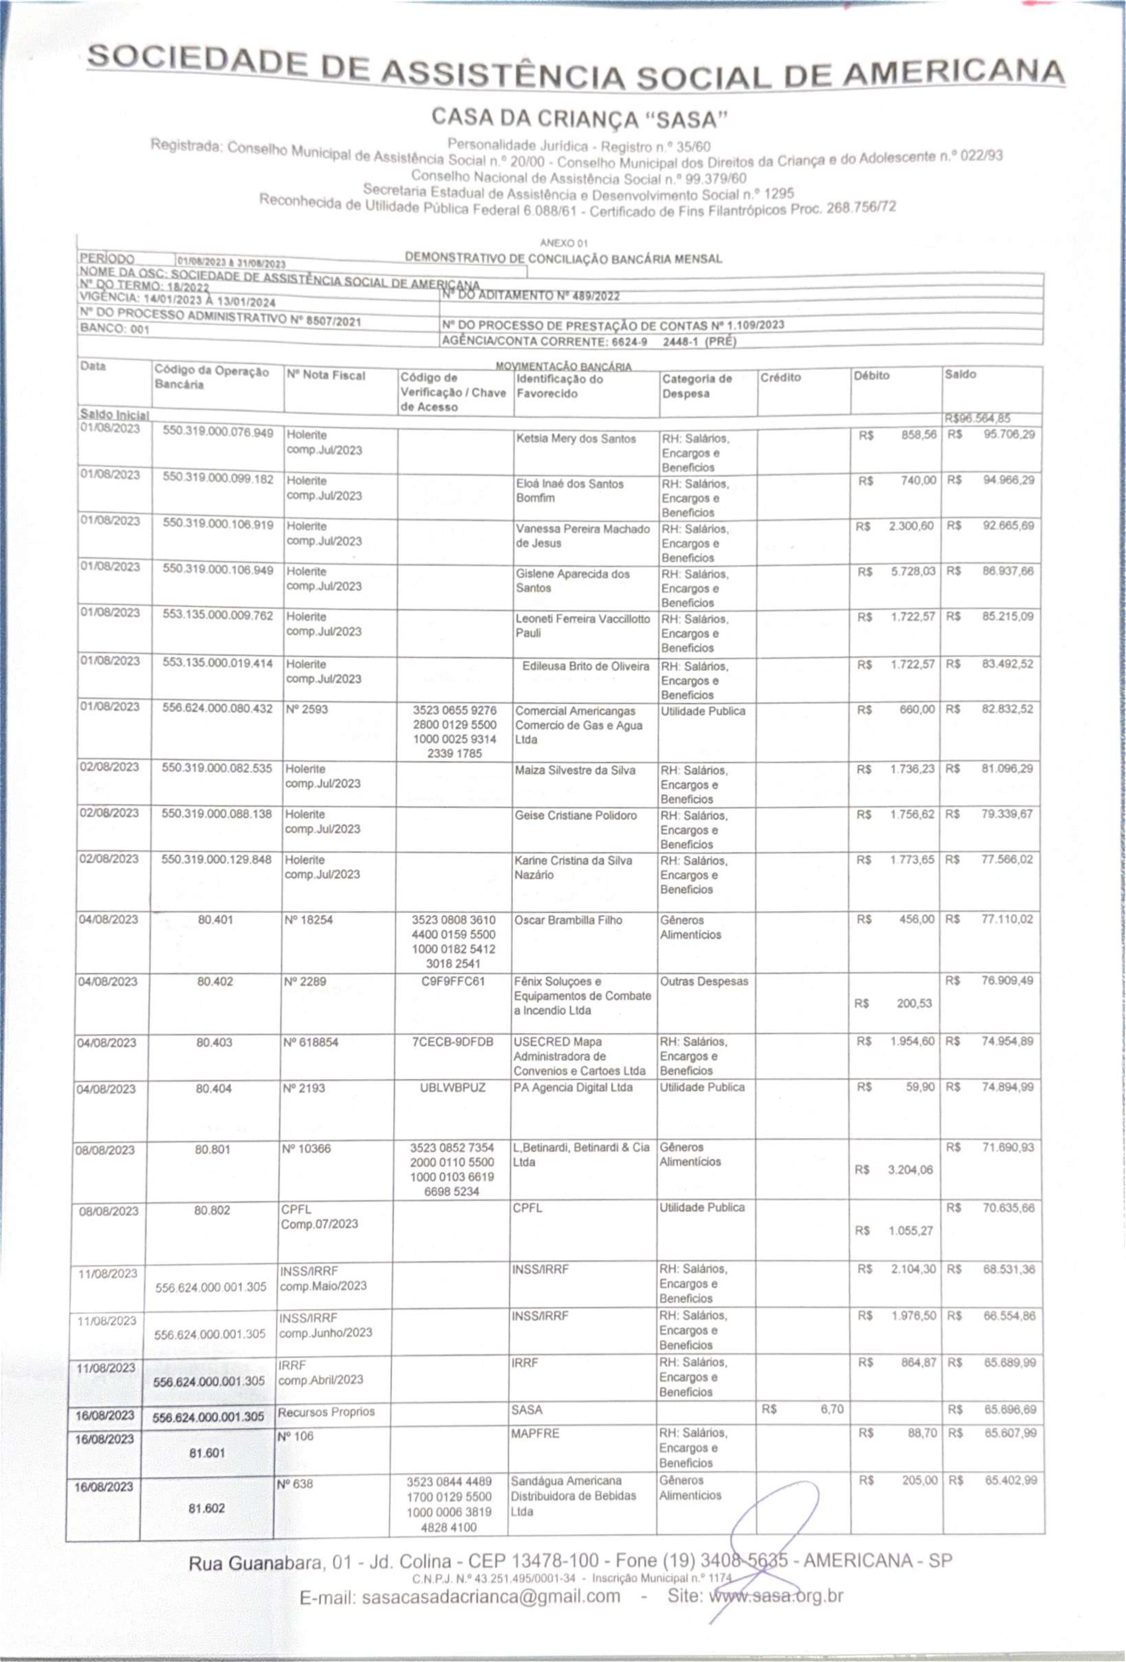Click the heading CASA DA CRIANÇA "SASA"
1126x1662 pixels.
pos(579,116)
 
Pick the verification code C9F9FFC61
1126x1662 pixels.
pos(453,981)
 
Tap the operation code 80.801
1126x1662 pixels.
pos(212,1149)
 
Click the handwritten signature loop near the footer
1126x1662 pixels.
pos(773,1523)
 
